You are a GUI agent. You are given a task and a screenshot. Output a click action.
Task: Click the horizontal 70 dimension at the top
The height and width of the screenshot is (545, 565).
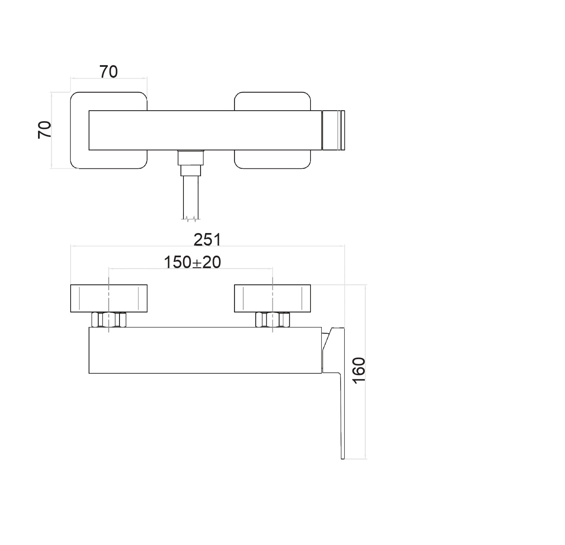(108, 72)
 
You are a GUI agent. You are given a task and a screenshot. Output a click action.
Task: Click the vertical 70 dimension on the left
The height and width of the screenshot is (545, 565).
(44, 130)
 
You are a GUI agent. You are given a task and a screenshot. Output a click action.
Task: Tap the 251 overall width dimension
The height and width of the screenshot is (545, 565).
(207, 240)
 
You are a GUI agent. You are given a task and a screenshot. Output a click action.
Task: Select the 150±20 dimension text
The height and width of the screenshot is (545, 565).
(192, 262)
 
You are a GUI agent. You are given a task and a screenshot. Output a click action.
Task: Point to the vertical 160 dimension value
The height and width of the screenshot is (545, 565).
(359, 371)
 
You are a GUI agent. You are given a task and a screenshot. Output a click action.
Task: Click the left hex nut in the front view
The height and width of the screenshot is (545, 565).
(109, 319)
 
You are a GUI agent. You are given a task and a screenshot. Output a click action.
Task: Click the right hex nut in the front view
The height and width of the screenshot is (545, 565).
(272, 319)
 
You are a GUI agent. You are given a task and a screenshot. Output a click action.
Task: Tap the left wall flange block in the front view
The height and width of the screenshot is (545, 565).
(109, 298)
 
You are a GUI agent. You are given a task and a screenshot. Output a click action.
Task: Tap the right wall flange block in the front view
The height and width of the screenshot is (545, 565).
(272, 298)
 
